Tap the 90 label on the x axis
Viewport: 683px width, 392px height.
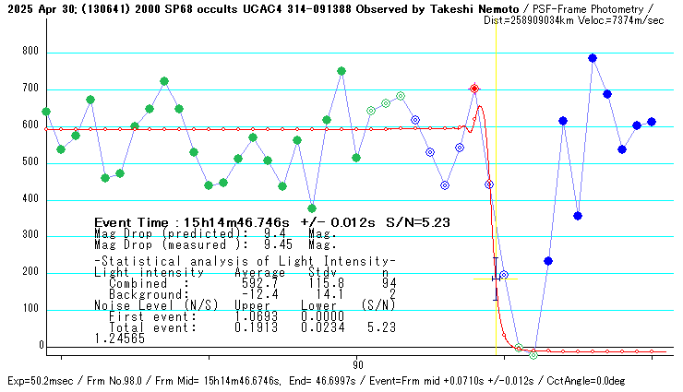tap(357, 364)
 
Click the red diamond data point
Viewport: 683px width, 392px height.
tap(474, 89)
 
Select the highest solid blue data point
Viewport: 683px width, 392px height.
tap(593, 58)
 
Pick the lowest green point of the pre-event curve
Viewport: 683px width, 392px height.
tap(312, 208)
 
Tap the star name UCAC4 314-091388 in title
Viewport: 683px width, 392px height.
tap(276, 7)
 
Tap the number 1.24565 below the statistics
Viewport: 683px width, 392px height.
tap(119, 339)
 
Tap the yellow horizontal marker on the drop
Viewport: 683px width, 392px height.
tap(496, 279)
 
